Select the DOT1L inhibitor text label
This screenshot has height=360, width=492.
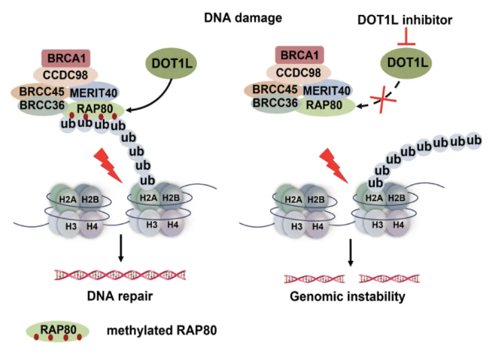[405, 20]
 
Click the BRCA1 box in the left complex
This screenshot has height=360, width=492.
[68, 57]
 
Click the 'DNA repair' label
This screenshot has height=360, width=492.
[120, 296]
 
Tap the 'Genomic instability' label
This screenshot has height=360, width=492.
[347, 296]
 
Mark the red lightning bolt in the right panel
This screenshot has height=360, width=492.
[330, 165]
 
